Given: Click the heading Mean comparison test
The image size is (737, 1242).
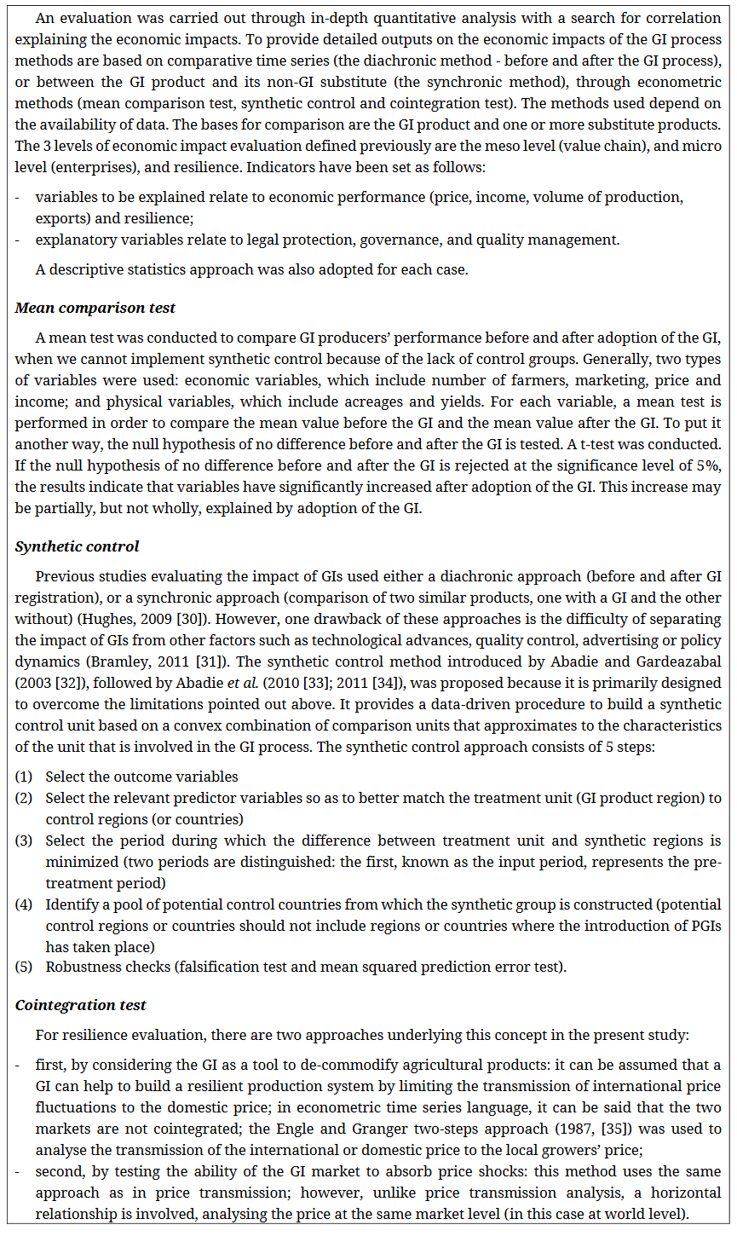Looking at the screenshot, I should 95,308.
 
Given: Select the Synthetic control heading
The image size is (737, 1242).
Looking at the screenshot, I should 77,546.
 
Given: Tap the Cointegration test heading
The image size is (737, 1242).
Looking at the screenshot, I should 80,1005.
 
